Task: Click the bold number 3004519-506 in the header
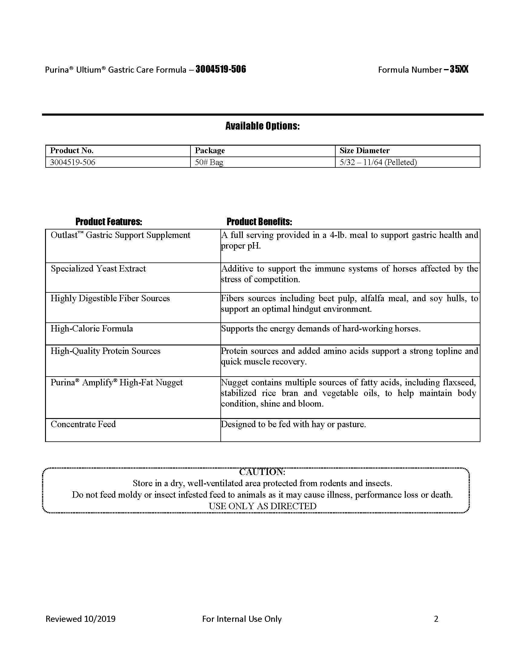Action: click(x=221, y=70)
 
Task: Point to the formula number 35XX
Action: click(x=459, y=70)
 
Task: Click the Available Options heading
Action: click(x=262, y=126)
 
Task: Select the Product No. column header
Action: click(x=72, y=151)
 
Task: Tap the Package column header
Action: click(x=210, y=151)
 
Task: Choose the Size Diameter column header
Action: click(x=365, y=151)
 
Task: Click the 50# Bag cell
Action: click(x=209, y=162)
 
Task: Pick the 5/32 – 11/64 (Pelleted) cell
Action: click(x=378, y=162)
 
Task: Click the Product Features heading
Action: click(x=109, y=222)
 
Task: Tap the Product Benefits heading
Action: click(x=259, y=222)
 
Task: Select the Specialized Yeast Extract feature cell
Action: click(x=98, y=269)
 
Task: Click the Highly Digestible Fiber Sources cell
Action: click(x=110, y=298)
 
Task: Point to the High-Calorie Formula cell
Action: click(x=92, y=329)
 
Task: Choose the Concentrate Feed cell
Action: click(x=83, y=424)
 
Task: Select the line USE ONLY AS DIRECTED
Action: click(x=262, y=506)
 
